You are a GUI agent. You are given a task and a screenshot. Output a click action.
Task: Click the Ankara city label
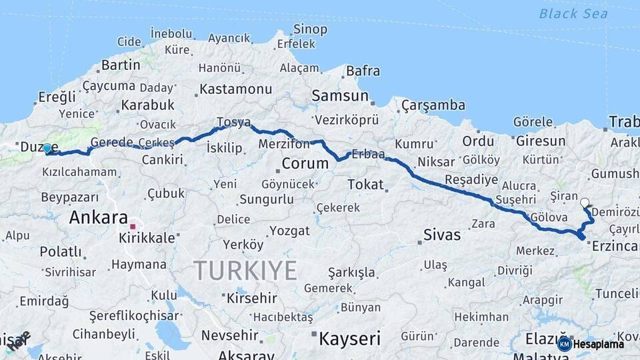click(x=98, y=217)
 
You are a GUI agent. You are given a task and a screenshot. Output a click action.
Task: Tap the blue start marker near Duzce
click(x=47, y=149)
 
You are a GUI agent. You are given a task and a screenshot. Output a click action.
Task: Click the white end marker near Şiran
click(x=585, y=203)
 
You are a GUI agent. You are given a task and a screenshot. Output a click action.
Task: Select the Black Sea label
click(x=573, y=13)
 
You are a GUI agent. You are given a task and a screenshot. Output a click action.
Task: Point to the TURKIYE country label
click(x=245, y=270)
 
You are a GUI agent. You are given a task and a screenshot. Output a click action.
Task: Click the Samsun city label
click(x=340, y=96)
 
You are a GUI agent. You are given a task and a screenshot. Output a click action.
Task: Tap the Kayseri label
click(x=349, y=338)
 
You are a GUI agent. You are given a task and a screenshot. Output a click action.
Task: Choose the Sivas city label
click(x=442, y=235)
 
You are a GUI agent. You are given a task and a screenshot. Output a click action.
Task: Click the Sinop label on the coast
click(x=311, y=29)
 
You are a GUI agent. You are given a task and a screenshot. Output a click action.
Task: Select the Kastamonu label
click(x=235, y=89)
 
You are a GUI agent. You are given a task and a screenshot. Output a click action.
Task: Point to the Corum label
click(x=305, y=163)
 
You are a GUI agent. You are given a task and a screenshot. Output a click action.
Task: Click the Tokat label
click(x=365, y=184)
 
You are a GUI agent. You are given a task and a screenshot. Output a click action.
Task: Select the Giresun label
click(x=540, y=141)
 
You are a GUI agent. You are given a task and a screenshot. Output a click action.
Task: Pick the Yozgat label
click(x=289, y=231)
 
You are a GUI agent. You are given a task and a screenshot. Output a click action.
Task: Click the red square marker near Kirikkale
click(x=133, y=227)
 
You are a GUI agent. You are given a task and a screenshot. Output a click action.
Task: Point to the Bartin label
click(x=121, y=65)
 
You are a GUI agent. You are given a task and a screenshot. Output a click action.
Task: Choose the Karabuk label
click(x=147, y=105)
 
